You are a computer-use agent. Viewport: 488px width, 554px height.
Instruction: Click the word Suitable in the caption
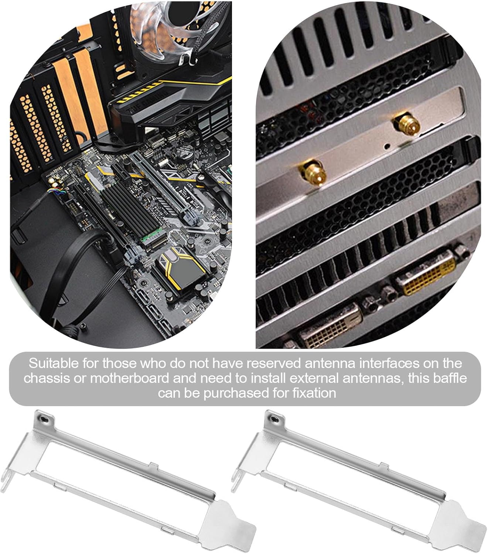(x=54, y=363)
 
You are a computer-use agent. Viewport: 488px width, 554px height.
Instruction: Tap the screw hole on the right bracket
(x=274, y=418)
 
